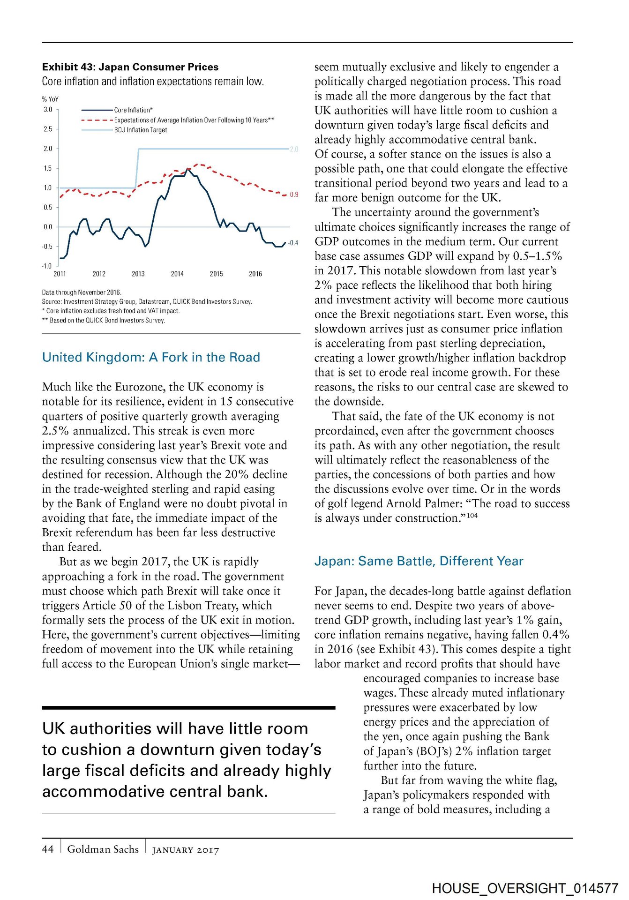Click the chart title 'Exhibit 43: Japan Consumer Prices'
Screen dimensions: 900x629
pos(130,67)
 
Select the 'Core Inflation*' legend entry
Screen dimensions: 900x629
pos(133,110)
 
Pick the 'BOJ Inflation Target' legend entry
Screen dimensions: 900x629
pos(141,130)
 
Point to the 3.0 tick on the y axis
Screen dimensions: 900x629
pos(48,110)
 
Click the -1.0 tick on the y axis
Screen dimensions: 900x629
pos(47,266)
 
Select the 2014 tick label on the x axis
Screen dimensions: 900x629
pos(177,274)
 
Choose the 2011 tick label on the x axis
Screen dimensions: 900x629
pos(60,274)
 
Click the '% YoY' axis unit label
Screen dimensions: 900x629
pos(50,99)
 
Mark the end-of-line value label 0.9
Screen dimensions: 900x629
pos(294,195)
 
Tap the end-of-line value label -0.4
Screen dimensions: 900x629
pos(293,243)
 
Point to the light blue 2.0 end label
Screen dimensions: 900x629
pos(294,150)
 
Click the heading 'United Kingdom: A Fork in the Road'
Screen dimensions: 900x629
pos(151,358)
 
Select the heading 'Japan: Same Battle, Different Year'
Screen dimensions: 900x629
pos(419,562)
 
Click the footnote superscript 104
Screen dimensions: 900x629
pos(472,516)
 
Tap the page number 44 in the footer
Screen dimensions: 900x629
pos(48,849)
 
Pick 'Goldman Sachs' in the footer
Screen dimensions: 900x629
pos(103,849)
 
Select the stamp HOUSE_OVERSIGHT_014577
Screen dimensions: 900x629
pos(525,888)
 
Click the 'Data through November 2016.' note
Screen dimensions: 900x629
pos(82,292)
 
